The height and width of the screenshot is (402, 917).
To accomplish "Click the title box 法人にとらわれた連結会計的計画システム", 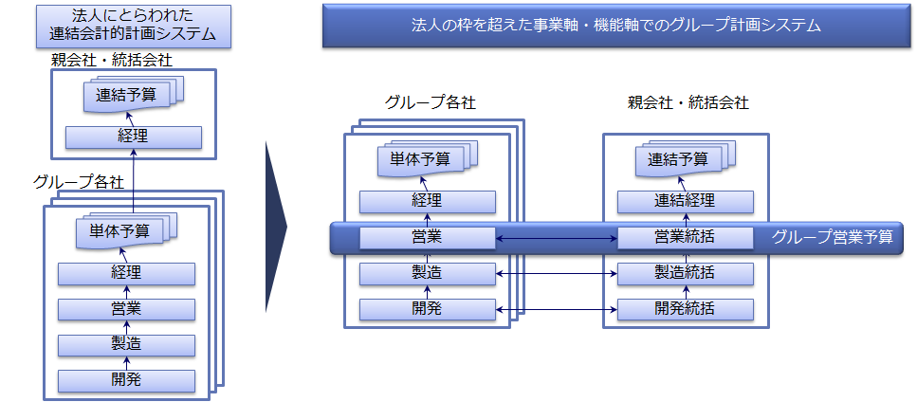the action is [134, 27].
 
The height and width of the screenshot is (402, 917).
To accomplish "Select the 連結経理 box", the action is [686, 202].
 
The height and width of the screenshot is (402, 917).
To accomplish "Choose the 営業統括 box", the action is [686, 238].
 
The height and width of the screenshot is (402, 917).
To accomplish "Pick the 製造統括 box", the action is [686, 273].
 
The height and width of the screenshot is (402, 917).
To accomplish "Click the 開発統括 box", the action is [686, 309].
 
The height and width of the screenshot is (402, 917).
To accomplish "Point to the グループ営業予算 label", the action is [833, 237].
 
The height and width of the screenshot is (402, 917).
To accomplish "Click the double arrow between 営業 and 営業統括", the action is [557, 238].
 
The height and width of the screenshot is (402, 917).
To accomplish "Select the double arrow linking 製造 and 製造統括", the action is [557, 273].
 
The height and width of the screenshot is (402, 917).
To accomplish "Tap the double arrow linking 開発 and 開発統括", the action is [557, 309].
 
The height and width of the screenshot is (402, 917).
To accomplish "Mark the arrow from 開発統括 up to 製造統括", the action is [686, 292].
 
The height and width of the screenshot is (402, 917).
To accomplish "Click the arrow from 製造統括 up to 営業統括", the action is [686, 256].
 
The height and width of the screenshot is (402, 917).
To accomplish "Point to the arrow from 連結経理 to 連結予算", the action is [683, 183].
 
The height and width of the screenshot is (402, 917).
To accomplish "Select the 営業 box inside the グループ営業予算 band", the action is [428, 238].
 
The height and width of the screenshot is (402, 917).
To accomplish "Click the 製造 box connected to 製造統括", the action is [428, 273].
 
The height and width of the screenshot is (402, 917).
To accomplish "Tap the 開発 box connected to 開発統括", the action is [428, 309].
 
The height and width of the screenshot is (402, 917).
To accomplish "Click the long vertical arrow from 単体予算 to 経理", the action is [134, 181].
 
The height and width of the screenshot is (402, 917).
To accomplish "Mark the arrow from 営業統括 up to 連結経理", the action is [686, 220].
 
